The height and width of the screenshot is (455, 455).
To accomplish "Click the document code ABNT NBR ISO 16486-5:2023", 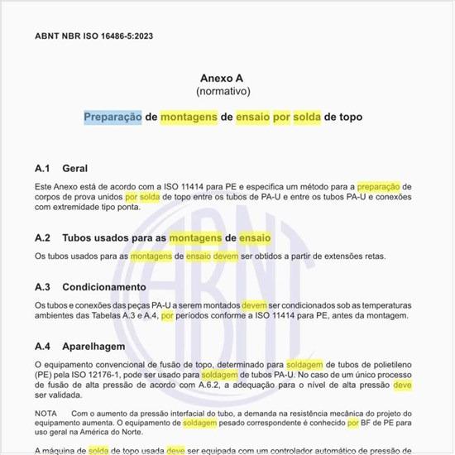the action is pos(93,36).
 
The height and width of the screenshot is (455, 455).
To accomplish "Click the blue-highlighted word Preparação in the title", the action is pos(113,117).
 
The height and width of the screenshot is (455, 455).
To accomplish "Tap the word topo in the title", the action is pos(348,117).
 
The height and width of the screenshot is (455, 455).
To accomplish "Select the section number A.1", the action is pos(43,168).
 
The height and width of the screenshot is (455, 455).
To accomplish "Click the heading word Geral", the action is pos(75,168).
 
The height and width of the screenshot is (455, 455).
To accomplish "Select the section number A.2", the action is pos(43,237).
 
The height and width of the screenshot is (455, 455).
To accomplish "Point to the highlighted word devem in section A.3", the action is pos(254,305).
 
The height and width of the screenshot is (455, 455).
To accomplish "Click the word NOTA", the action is pos(47,412).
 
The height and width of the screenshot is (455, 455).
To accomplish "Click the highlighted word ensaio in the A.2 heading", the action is pos(255,237).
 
